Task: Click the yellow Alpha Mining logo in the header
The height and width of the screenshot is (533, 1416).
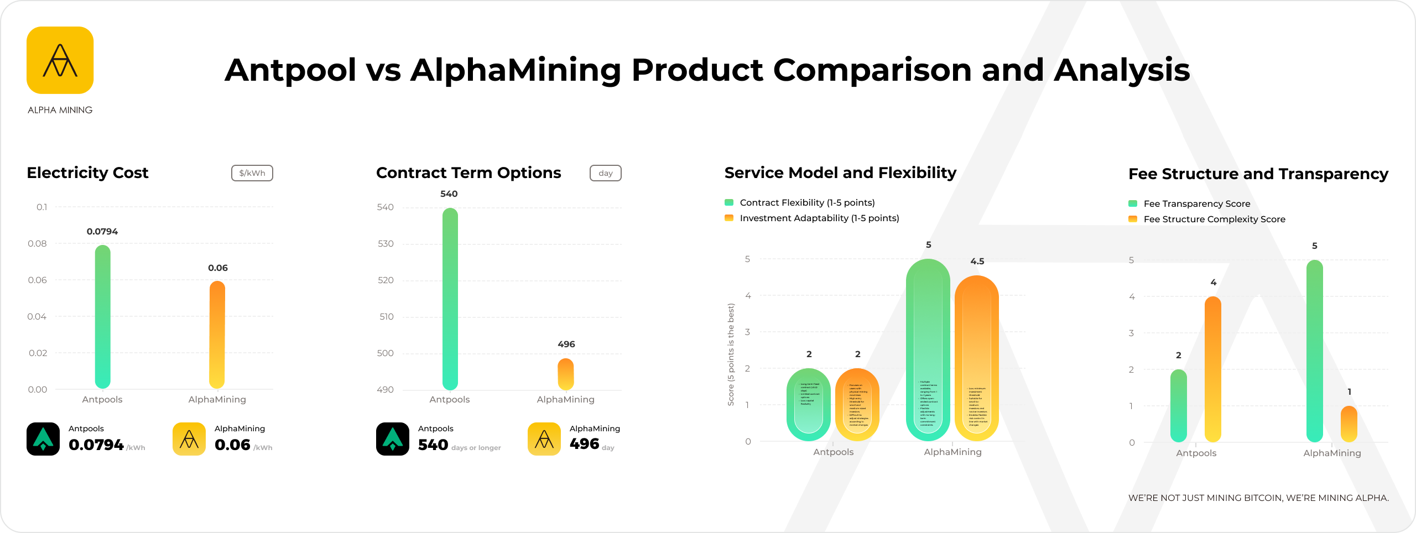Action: click(60, 60)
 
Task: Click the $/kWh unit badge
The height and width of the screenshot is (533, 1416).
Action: click(252, 173)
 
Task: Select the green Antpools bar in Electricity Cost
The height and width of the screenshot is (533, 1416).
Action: click(103, 317)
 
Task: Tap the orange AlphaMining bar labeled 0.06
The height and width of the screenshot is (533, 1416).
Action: click(217, 335)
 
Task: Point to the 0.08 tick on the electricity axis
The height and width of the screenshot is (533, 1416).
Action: click(38, 244)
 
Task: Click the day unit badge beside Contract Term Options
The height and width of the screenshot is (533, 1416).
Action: click(606, 173)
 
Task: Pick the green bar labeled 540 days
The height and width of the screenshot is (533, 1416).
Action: click(450, 299)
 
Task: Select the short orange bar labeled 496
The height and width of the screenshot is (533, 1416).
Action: click(566, 374)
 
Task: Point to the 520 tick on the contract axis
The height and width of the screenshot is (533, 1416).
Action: click(386, 280)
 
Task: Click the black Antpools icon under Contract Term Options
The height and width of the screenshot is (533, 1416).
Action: click(393, 439)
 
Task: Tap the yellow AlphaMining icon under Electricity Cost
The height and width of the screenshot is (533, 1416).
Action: click(189, 439)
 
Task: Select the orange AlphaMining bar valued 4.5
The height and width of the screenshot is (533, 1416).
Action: click(977, 358)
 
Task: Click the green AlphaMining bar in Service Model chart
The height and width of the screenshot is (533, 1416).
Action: click(928, 350)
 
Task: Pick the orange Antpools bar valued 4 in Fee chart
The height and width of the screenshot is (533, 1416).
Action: click(1213, 369)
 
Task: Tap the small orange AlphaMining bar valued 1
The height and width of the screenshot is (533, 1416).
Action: click(1349, 424)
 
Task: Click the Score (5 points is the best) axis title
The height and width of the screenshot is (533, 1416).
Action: click(731, 354)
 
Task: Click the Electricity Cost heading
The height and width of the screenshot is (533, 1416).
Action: click(87, 173)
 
